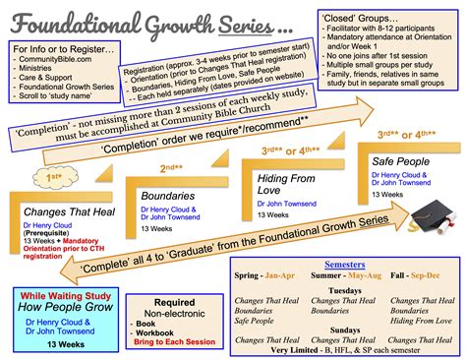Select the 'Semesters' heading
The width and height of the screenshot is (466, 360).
click(347, 266)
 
